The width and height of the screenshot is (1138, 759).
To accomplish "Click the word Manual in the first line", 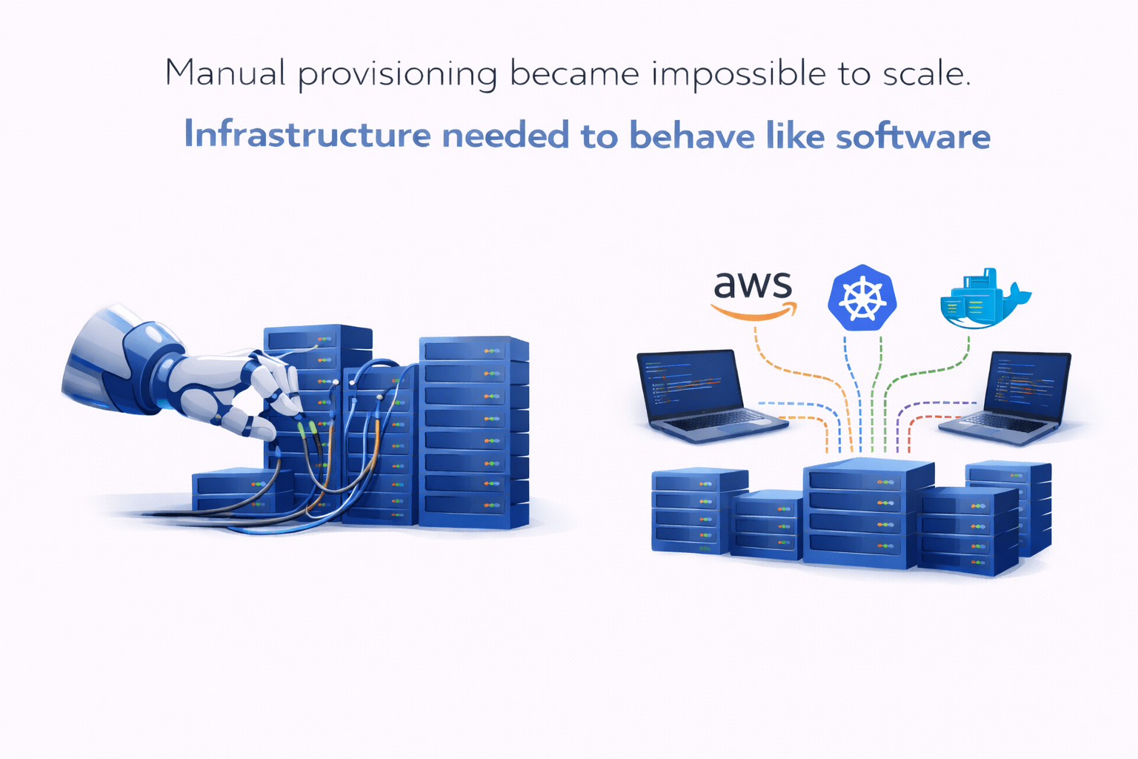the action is point(224,73).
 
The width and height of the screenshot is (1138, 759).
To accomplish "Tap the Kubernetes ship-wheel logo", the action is point(862,297).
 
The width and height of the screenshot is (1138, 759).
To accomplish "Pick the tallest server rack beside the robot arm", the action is point(473,433).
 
